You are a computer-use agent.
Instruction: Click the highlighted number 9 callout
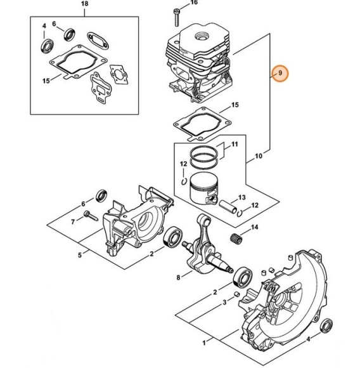tap(280, 73)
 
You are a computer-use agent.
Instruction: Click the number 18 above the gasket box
tap(84, 4)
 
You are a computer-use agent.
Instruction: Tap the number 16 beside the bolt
tap(194, 3)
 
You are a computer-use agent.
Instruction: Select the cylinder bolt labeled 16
tap(176, 17)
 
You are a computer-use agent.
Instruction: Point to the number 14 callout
tap(255, 227)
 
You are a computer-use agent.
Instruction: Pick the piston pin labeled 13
tap(228, 206)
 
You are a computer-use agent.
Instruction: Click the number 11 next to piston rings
tap(235, 144)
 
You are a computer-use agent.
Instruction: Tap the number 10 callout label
tap(259, 156)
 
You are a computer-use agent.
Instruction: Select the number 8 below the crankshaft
tap(178, 277)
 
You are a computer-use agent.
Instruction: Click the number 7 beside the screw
tap(73, 221)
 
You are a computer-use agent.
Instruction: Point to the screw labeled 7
tap(90, 216)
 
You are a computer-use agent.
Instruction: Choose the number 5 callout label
tap(80, 255)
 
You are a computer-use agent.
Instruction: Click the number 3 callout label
tap(224, 302)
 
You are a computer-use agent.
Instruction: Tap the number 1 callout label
tap(204, 343)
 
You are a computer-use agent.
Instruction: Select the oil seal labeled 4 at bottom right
tap(326, 325)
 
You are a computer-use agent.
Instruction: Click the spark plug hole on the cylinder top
tap(202, 36)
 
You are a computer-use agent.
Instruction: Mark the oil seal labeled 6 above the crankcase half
tap(101, 195)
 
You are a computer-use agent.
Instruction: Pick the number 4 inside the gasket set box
tap(44, 26)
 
